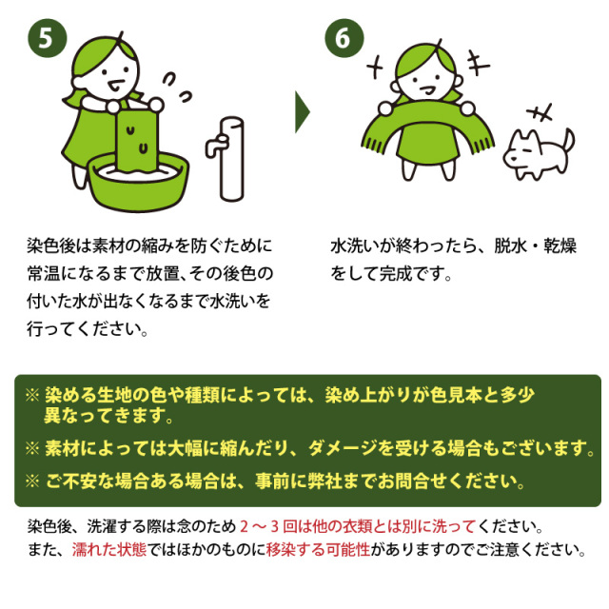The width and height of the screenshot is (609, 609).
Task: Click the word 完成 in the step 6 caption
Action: (411, 273)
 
